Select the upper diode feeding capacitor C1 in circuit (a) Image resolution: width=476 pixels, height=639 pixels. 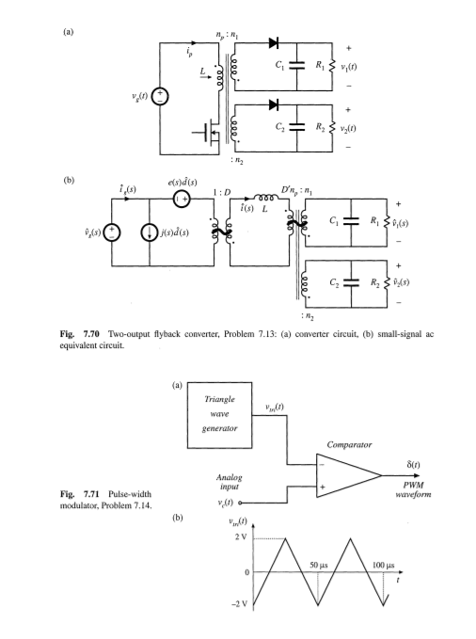click(274, 43)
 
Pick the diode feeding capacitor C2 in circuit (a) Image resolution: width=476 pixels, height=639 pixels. click(274, 103)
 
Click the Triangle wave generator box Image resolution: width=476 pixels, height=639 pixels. click(222, 415)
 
